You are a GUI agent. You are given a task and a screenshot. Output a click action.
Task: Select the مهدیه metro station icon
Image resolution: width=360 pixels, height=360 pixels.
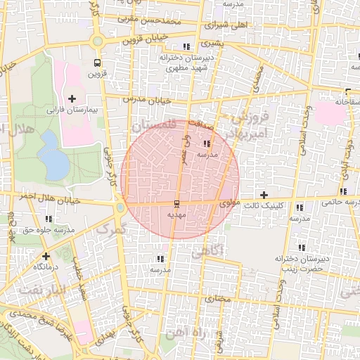point(175,203)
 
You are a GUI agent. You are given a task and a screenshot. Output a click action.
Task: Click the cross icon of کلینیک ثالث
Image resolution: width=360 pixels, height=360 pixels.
point(264,194)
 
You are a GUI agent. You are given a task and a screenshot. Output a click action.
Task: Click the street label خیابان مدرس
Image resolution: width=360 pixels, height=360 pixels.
point(148,101)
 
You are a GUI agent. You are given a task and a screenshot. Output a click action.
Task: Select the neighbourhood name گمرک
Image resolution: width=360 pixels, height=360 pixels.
point(109,229)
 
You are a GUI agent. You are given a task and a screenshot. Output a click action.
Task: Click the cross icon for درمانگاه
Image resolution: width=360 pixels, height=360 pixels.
point(46,256)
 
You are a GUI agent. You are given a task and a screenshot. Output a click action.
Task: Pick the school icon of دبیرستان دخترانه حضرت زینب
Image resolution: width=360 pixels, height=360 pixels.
point(302,247)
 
